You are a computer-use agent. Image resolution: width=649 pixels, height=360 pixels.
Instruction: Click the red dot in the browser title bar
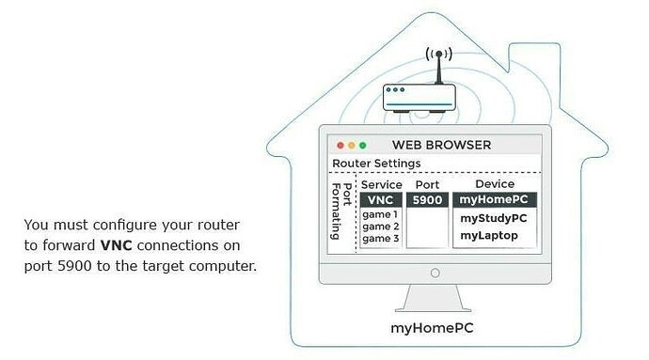(x=340, y=146)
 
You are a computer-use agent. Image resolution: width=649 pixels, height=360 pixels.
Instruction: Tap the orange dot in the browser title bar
(x=352, y=146)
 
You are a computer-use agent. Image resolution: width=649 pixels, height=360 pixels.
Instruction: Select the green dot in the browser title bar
(x=363, y=146)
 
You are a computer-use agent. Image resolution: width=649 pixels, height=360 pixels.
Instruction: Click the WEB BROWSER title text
(x=441, y=146)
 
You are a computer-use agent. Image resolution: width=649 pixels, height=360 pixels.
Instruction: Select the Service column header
(x=381, y=185)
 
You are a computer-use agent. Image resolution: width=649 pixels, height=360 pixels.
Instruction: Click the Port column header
(x=427, y=185)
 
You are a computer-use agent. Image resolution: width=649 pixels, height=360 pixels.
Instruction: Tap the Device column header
(x=494, y=184)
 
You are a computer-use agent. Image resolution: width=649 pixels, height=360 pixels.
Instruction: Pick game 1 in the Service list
(x=380, y=214)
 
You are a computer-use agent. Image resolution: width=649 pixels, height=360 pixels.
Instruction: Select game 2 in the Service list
(x=380, y=227)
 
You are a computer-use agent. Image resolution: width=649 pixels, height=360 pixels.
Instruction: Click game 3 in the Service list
(x=380, y=239)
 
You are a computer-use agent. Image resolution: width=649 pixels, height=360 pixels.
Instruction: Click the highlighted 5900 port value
(x=427, y=200)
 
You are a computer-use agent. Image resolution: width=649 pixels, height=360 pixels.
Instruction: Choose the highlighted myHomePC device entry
(x=494, y=200)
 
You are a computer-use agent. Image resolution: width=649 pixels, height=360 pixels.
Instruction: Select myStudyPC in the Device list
(x=493, y=218)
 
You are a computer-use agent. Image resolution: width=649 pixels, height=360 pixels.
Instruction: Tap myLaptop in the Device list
(x=489, y=235)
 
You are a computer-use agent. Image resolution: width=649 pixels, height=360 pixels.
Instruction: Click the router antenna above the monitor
(x=436, y=66)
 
